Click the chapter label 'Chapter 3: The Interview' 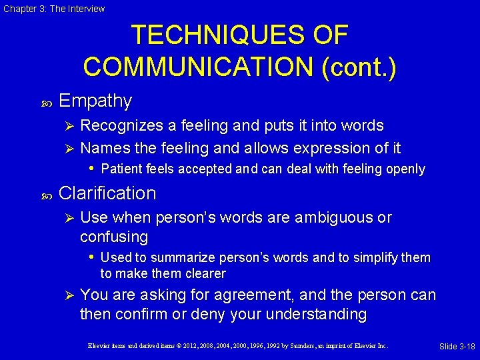point(53,9)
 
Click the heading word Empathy point(95,101)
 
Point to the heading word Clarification point(107,193)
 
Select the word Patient point(120,169)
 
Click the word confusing point(114,237)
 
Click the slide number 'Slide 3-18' point(457,346)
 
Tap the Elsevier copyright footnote point(237,345)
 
